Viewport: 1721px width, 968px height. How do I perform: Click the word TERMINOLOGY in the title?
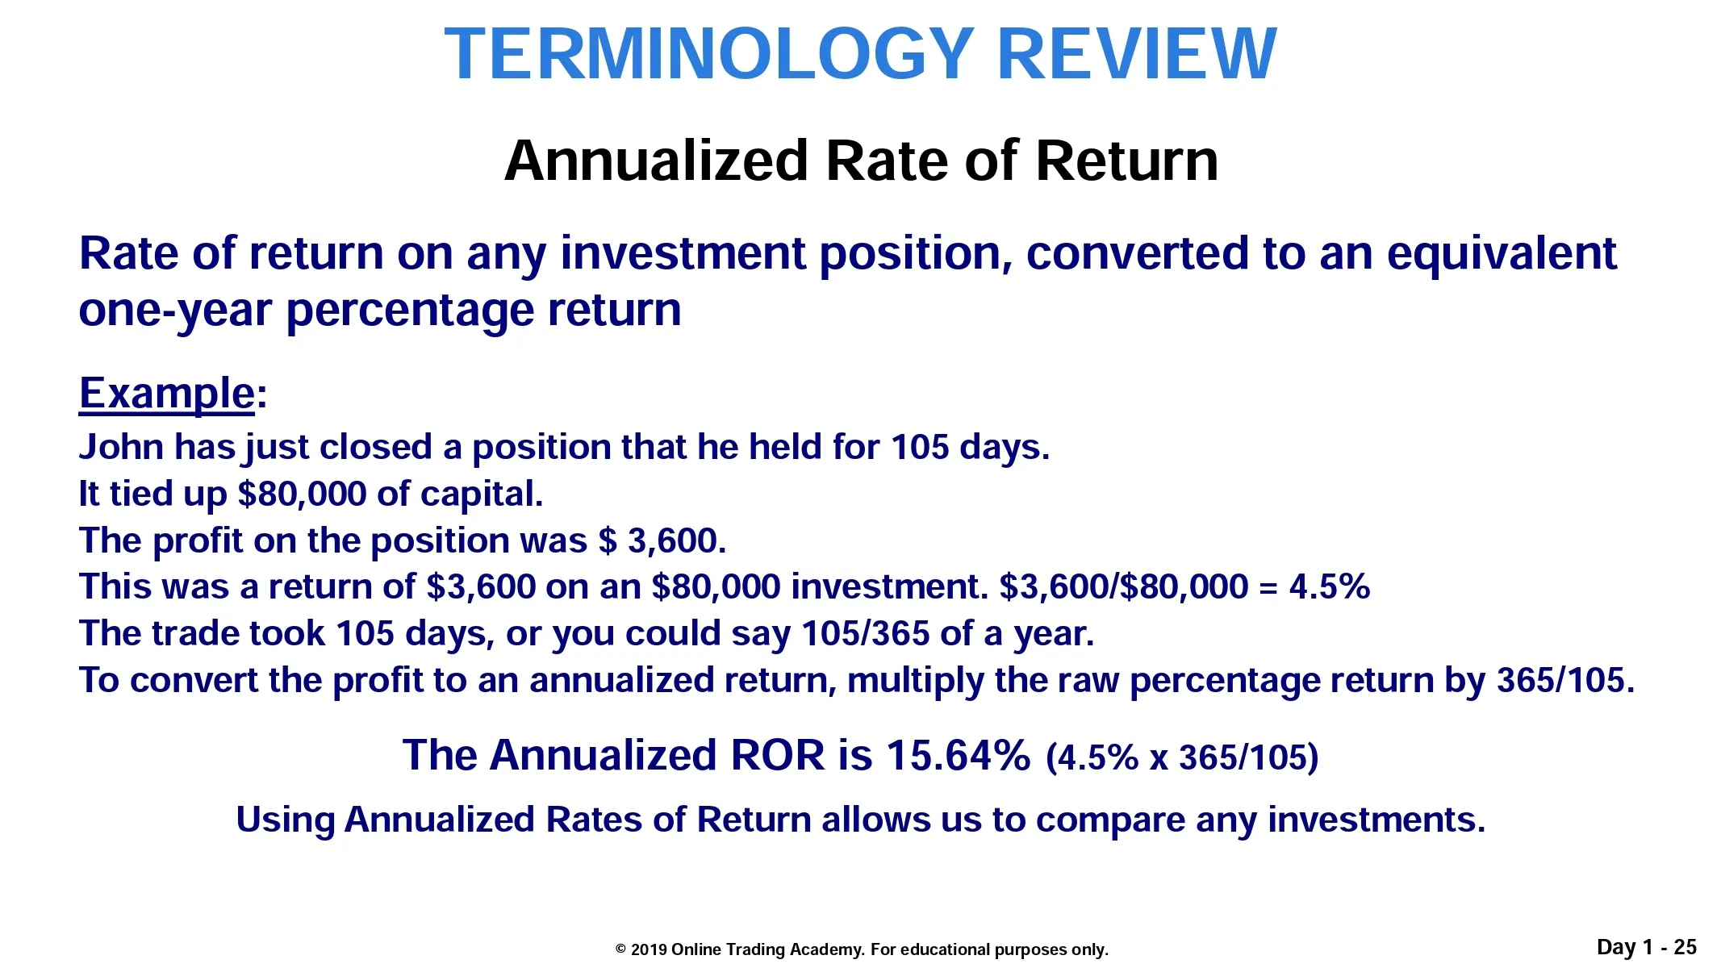[708, 54]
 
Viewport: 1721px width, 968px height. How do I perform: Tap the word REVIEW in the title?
[1138, 54]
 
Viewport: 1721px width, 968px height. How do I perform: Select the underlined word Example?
[167, 394]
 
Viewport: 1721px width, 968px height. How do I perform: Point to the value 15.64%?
[958, 755]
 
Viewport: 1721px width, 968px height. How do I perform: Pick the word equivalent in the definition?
[1502, 253]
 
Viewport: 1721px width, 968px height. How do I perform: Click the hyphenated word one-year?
[174, 311]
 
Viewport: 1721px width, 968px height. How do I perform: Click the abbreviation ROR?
[777, 755]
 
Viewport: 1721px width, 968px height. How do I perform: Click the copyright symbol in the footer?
[620, 949]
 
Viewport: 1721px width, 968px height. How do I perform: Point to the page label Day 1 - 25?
[1647, 947]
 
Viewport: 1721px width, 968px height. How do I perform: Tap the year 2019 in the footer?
[649, 949]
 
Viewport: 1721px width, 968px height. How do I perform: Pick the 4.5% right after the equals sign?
[1329, 586]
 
